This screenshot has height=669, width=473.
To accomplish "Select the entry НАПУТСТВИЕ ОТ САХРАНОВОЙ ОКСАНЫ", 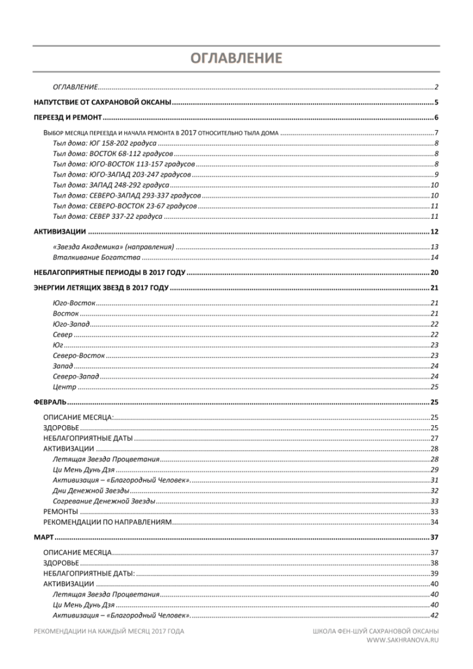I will (102, 103).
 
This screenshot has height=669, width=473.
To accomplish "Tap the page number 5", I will (436, 103).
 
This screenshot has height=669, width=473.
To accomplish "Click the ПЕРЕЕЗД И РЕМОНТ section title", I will (68, 118).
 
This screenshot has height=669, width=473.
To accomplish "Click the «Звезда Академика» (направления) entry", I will (113, 247).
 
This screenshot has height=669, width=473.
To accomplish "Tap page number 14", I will (434, 257).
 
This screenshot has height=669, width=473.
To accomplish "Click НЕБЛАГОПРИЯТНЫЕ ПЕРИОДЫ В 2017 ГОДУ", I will (109, 272).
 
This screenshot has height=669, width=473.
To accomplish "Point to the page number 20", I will (434, 272).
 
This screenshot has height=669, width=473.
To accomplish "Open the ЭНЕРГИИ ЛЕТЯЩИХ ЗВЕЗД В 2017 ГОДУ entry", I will (101, 288).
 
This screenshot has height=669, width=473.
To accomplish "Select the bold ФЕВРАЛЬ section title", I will (50, 402).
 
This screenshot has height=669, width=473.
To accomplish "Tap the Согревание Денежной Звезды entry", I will (104, 501).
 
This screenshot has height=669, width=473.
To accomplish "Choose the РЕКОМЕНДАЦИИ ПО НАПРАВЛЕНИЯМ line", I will (107, 522).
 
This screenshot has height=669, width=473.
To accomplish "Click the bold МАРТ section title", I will (43, 538).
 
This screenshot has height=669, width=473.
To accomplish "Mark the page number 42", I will (434, 615).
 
